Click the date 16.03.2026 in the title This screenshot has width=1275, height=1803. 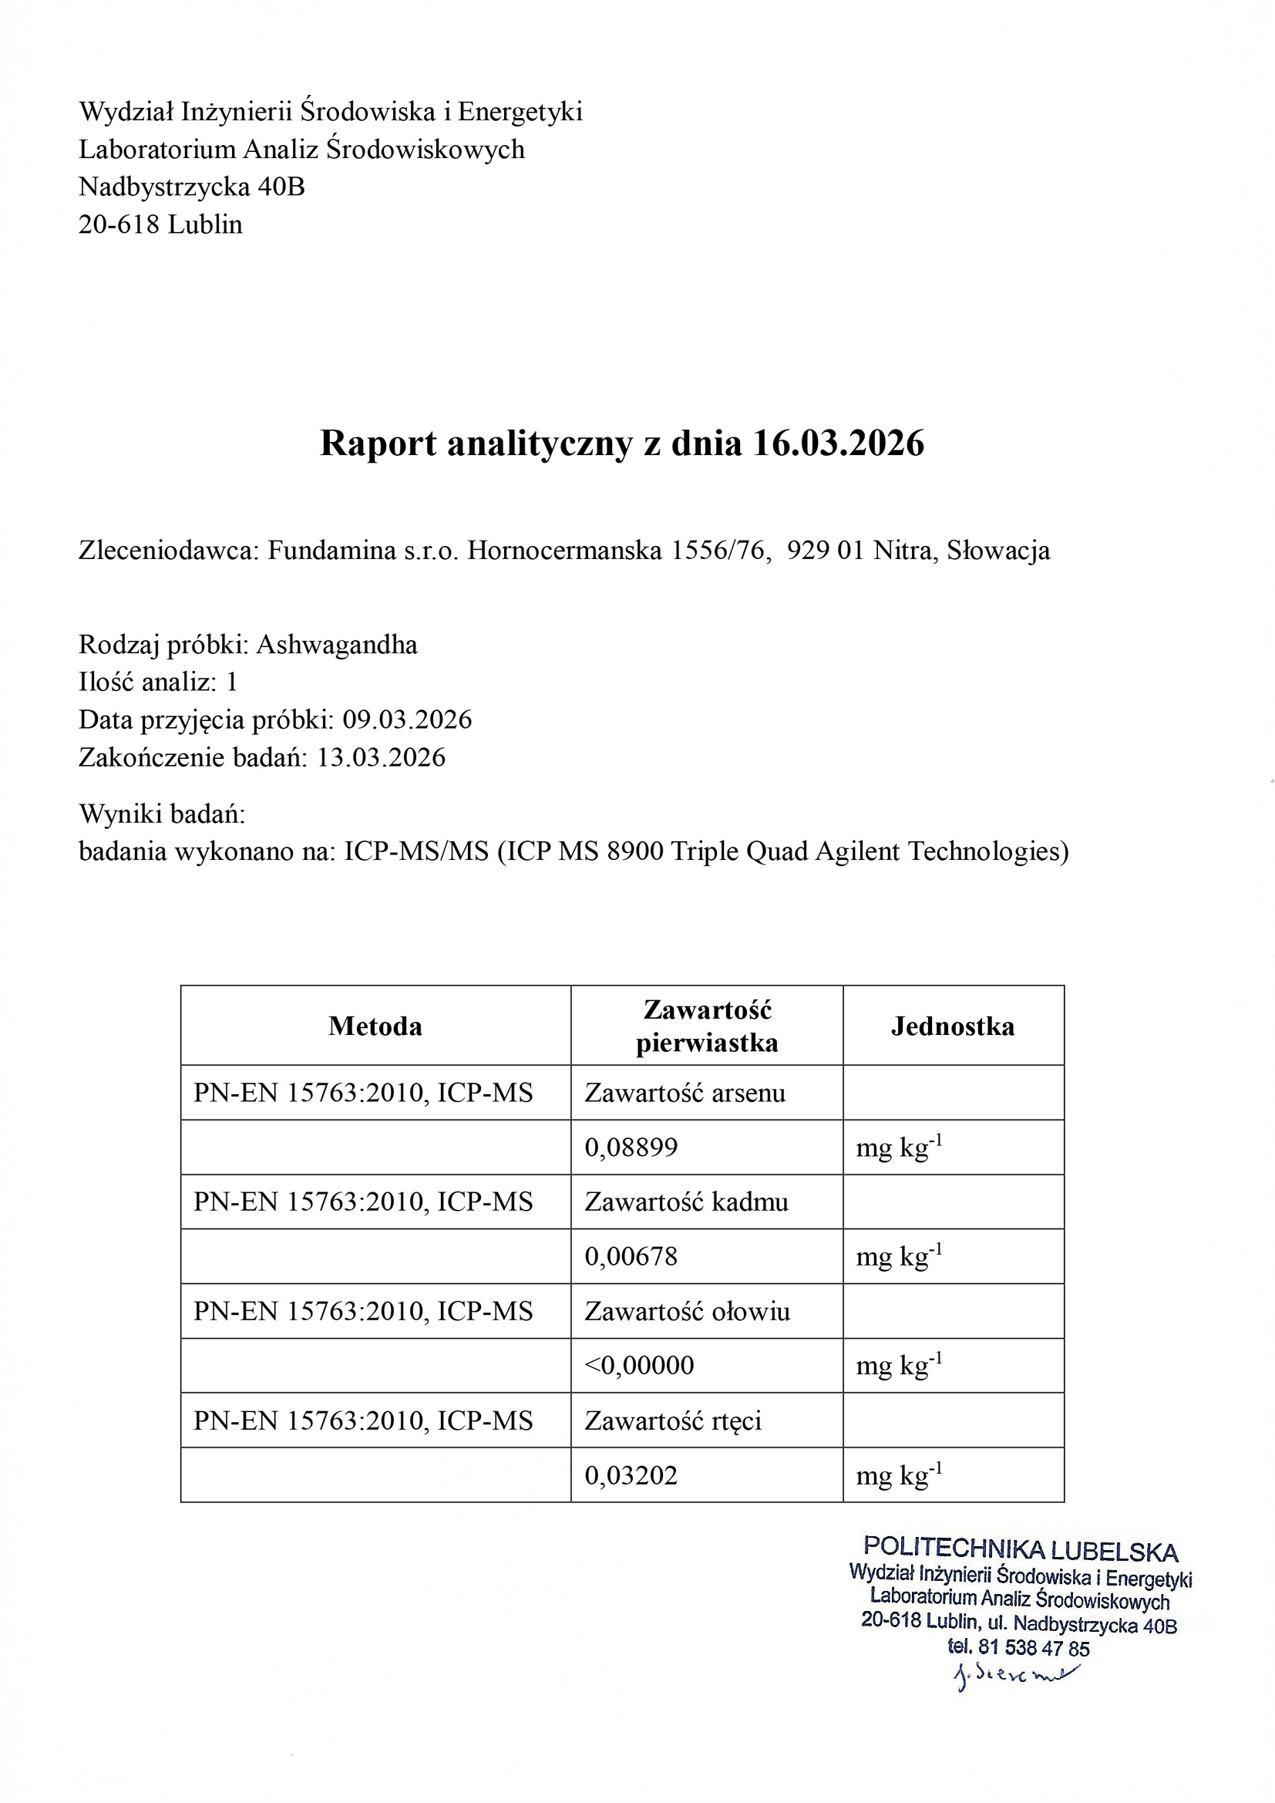838,443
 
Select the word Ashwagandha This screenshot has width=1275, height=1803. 337,645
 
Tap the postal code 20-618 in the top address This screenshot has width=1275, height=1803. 119,224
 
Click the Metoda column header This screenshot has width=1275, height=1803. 375,1026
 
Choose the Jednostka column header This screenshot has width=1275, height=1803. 952,1026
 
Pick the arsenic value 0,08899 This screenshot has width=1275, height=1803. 631,1148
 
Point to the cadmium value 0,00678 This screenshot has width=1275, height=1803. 631,1257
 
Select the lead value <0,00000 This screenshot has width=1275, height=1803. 639,1366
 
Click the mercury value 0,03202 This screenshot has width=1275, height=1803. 631,1475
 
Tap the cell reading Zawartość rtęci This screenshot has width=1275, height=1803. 673,1420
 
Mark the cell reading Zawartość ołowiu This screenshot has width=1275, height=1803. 687,1312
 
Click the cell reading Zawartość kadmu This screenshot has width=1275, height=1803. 686,1202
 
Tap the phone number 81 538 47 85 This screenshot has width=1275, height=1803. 1034,1648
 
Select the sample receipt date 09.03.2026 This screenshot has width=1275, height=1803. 407,720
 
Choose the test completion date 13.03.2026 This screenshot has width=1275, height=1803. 381,758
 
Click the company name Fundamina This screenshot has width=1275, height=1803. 331,551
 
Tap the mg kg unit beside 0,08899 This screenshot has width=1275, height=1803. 898,1148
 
